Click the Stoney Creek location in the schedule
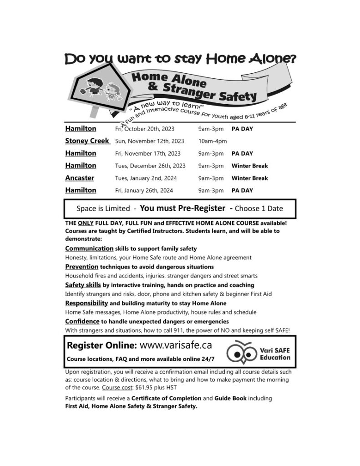[87, 141]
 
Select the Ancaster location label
[80, 178]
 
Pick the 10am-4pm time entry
[213, 141]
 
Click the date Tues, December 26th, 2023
[150, 166]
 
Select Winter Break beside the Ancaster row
[250, 178]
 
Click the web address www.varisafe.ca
[176, 345]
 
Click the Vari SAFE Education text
[275, 354]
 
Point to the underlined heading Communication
[89, 248]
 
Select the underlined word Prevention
[82, 267]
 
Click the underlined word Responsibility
[86, 303]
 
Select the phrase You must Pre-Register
[183, 208]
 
